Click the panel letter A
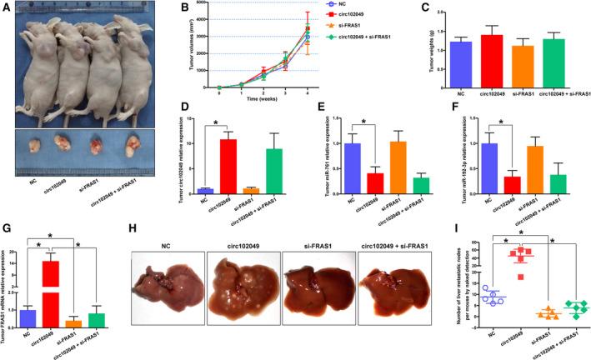pyautogui.click(x=7, y=7)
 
